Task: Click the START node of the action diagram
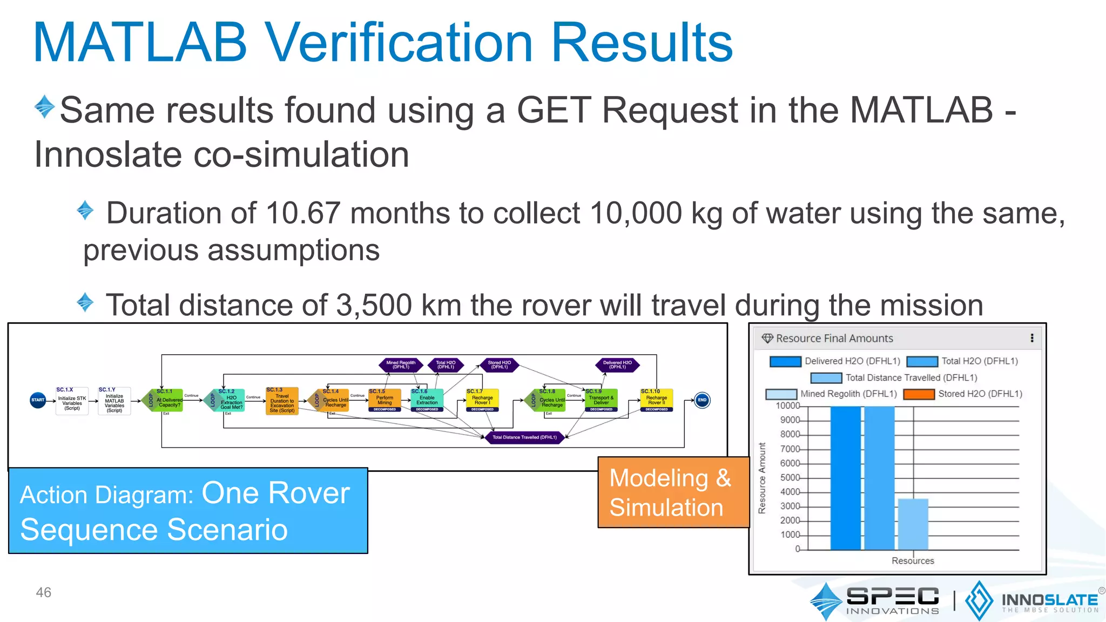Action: [x=38, y=400]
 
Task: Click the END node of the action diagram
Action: [x=702, y=400]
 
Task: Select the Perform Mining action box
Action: [x=385, y=400]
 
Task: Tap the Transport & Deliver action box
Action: [x=601, y=400]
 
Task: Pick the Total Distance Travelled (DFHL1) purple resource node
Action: [x=524, y=437]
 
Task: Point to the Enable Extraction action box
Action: [x=427, y=400]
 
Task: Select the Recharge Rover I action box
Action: [x=482, y=400]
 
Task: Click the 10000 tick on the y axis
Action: [x=788, y=406]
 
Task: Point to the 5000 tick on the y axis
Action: [x=790, y=478]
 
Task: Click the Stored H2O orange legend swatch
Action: [x=919, y=394]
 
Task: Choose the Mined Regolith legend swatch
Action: [x=781, y=394]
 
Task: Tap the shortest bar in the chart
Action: [x=913, y=524]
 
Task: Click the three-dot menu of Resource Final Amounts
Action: [x=1032, y=338]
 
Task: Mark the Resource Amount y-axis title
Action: [x=762, y=478]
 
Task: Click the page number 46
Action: [x=43, y=592]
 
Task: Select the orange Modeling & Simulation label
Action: [x=673, y=492]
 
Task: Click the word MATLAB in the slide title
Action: [x=140, y=43]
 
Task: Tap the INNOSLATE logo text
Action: [x=1049, y=600]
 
